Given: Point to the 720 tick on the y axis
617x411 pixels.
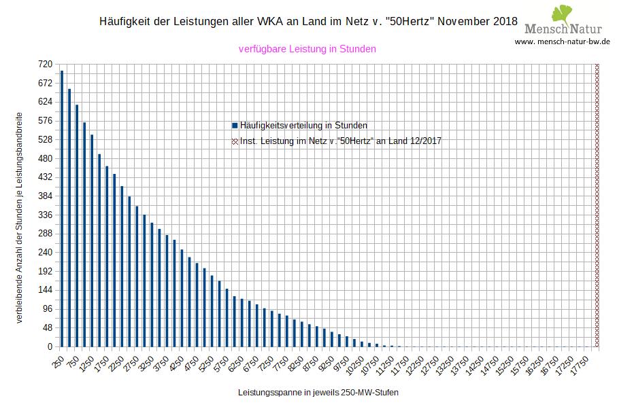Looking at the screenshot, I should pyautogui.click(x=45, y=64).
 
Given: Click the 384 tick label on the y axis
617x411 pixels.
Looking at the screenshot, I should pyautogui.click(x=45, y=196).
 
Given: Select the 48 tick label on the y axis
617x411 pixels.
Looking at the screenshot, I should pyautogui.click(x=47, y=327).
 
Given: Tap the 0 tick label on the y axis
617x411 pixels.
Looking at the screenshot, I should pyautogui.click(x=49, y=346).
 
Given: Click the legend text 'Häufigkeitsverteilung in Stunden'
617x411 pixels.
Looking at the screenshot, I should pyautogui.click(x=304, y=126).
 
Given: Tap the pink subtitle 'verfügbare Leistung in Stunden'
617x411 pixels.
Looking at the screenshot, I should pyautogui.click(x=307, y=49).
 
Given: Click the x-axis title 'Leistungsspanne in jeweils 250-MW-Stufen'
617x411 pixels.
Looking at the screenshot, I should pyautogui.click(x=318, y=393).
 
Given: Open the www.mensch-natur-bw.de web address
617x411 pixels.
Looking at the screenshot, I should pyautogui.click(x=563, y=41).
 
